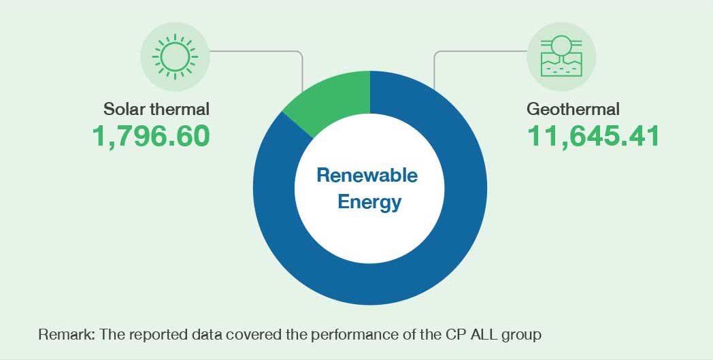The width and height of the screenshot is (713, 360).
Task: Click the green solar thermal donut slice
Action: pyautogui.click(x=334, y=97)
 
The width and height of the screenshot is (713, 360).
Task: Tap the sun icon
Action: pyautogui.click(x=175, y=56)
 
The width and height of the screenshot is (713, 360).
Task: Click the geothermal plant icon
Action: pyautogui.click(x=561, y=56)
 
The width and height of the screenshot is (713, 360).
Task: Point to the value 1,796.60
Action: pyautogui.click(x=151, y=136)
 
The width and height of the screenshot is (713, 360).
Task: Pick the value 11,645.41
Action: pyautogui.click(x=593, y=136)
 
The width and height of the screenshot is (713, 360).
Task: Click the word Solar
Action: pyautogui.click(x=120, y=110)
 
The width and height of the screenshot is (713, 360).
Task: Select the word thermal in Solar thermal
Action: pyautogui.click(x=175, y=110)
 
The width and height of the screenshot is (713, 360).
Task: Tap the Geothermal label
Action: pyautogui.click(x=573, y=110)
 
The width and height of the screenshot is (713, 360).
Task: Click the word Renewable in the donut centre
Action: pyautogui.click(x=367, y=175)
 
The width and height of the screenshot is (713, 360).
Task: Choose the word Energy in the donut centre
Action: pyautogui.click(x=369, y=203)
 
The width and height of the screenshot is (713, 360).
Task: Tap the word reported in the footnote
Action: pyautogui.click(x=154, y=336)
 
